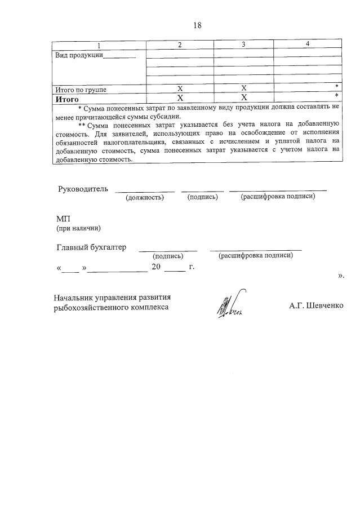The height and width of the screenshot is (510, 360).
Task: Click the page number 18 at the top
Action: tap(197, 25)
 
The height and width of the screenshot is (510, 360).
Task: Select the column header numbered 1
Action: tap(99, 45)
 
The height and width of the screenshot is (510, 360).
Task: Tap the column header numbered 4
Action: tap(307, 44)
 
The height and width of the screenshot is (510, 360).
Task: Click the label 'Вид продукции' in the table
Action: tap(78, 55)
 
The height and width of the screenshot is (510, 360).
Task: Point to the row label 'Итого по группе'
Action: tap(81, 90)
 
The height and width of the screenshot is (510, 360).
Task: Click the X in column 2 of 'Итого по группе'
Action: tap(180, 89)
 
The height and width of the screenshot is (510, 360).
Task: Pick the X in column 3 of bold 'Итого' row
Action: tap(244, 98)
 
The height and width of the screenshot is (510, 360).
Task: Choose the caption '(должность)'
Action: tap(145, 197)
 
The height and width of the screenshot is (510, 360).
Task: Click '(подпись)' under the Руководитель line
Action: tap(202, 197)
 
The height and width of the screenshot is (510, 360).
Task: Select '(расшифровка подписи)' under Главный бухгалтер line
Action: tap(256, 255)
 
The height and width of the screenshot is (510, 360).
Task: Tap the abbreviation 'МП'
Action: tap(63, 219)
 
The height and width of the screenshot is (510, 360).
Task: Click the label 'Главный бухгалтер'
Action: tap(91, 247)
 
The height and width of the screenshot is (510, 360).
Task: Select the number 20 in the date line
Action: tap(157, 267)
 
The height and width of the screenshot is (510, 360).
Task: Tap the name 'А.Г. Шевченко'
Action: tap(315, 305)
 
